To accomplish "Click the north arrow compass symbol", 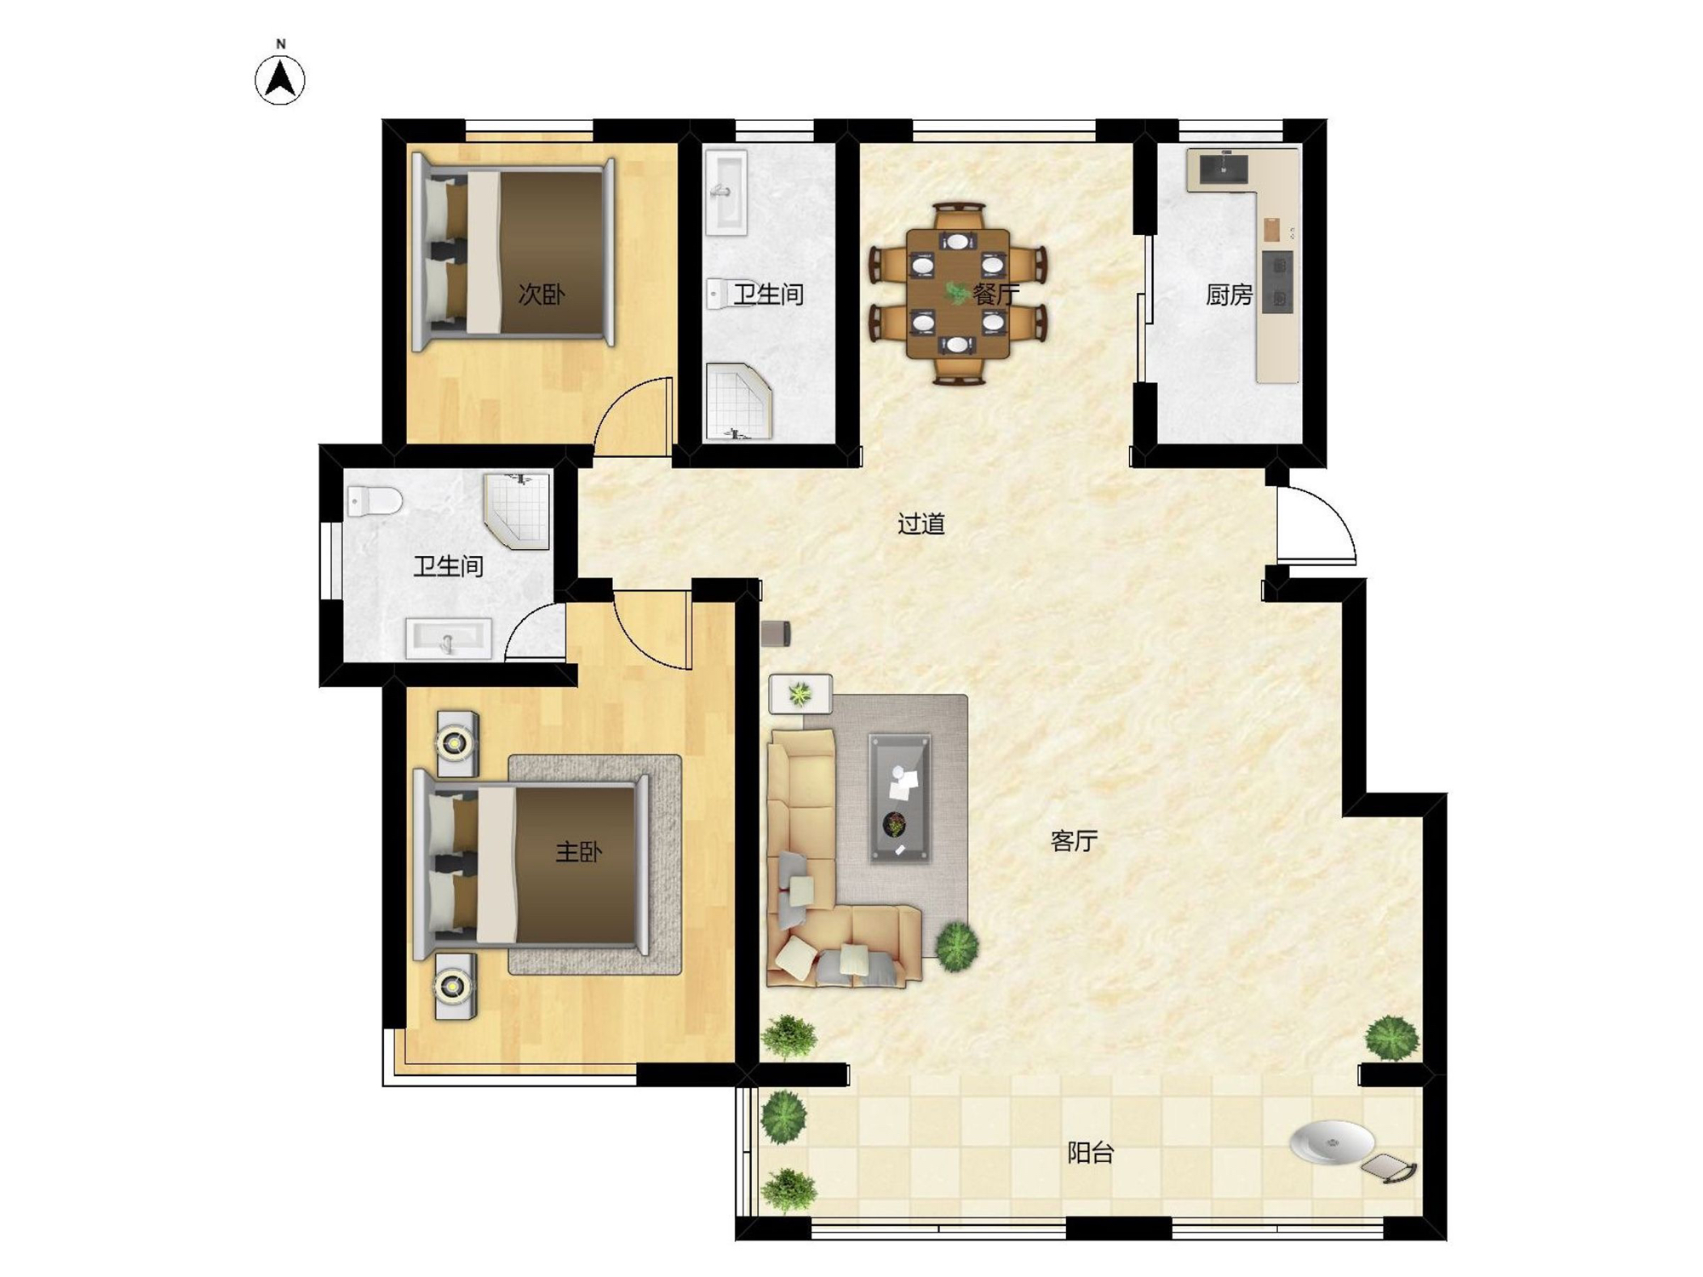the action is [x=280, y=80].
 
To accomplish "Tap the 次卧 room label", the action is [x=542, y=295].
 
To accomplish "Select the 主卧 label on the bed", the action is [x=578, y=851].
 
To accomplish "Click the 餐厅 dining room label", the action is [x=995, y=295].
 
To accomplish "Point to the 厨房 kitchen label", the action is [x=1229, y=295].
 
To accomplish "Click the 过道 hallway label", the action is [x=921, y=524].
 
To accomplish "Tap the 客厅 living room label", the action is [x=1074, y=841].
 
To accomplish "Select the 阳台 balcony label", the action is [x=1091, y=1153].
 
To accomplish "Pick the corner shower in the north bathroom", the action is [x=737, y=402].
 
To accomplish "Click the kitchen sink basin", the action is [x=1224, y=169].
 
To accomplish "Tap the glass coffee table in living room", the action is [x=899, y=798].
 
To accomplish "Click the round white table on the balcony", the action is [x=1332, y=1142].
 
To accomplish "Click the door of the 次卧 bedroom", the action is [x=634, y=416].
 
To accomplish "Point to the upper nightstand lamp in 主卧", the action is [x=456, y=742].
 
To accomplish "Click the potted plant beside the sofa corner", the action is [x=957, y=945].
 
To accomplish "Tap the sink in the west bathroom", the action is [x=449, y=638].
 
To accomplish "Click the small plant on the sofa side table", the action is [x=800, y=695].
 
